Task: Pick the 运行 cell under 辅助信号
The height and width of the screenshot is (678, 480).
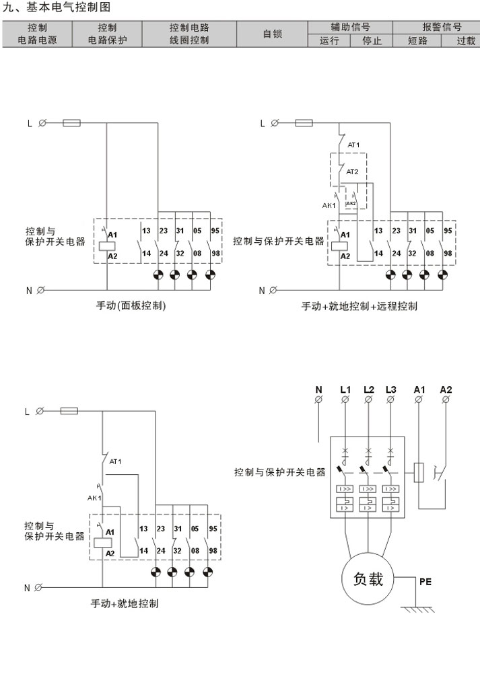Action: coord(330,40)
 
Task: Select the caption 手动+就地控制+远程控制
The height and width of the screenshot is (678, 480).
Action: coord(359,307)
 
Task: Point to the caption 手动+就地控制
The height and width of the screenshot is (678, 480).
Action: coord(125,604)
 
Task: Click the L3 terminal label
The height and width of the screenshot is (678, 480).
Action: coord(391,389)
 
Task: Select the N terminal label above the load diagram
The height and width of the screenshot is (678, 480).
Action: coord(318,389)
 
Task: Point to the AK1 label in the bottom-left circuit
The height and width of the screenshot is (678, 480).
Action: coord(94,498)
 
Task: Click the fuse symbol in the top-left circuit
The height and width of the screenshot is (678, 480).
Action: coord(72,123)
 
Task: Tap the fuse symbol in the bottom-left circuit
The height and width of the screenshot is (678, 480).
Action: coord(69,410)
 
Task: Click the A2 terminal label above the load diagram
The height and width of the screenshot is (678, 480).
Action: coord(446,389)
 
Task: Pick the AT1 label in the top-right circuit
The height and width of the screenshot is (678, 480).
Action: coord(353,145)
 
